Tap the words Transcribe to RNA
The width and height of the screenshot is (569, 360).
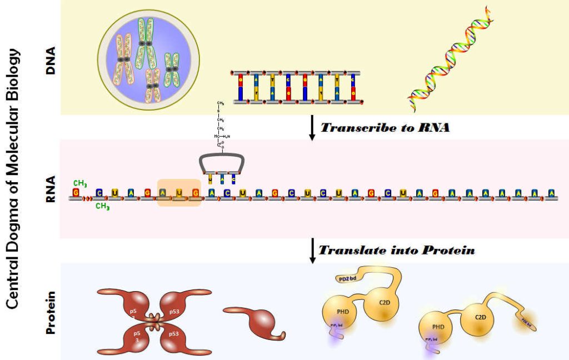(385, 127)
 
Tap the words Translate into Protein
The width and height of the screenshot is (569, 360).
(396, 250)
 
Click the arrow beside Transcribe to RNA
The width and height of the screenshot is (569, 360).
(312, 128)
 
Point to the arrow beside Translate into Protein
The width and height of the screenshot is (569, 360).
(312, 250)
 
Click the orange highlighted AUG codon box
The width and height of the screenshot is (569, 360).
(179, 193)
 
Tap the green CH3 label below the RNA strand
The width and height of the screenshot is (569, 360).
(102, 206)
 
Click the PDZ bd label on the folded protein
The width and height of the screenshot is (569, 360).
(348, 278)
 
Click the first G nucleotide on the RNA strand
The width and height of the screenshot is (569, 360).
(76, 193)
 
